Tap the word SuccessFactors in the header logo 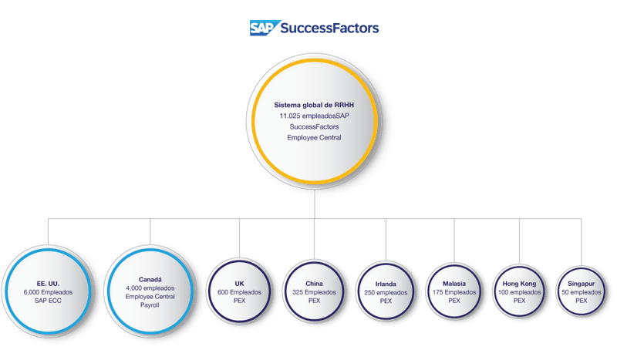point(329,29)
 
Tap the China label point(314,284)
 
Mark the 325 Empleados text point(314,293)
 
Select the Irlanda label point(386,284)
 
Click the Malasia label point(454,284)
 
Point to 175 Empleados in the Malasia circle point(454,293)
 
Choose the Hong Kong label point(519,284)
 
